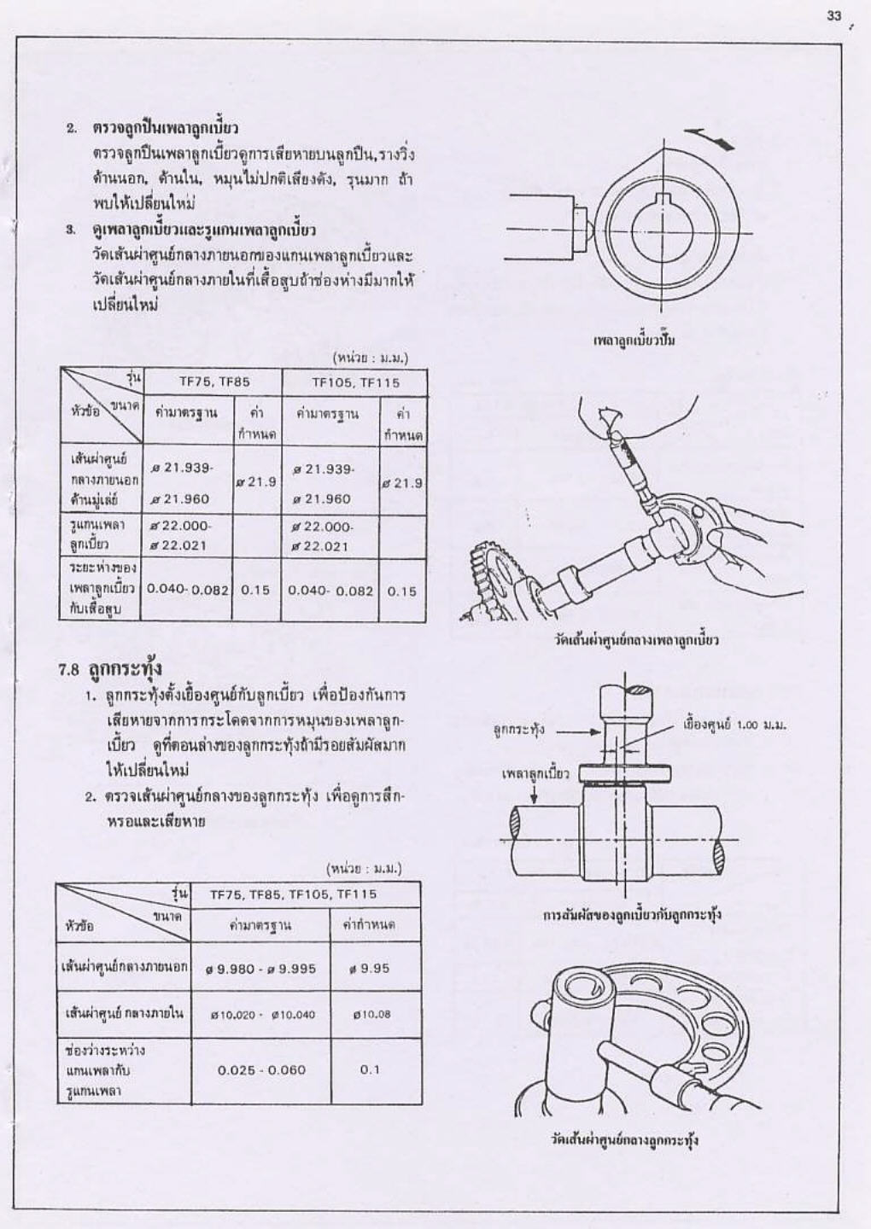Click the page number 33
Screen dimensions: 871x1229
[833, 16]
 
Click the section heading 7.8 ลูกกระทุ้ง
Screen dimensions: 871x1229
[110, 669]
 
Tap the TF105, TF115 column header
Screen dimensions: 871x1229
[355, 382]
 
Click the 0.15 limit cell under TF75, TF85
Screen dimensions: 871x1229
[255, 591]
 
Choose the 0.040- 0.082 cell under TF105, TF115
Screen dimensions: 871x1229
[330, 591]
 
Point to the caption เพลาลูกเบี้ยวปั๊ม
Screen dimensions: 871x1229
[634, 341]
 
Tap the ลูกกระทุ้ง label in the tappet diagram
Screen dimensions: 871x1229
[517, 731]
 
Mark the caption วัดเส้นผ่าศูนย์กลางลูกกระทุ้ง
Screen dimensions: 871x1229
[625, 1140]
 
